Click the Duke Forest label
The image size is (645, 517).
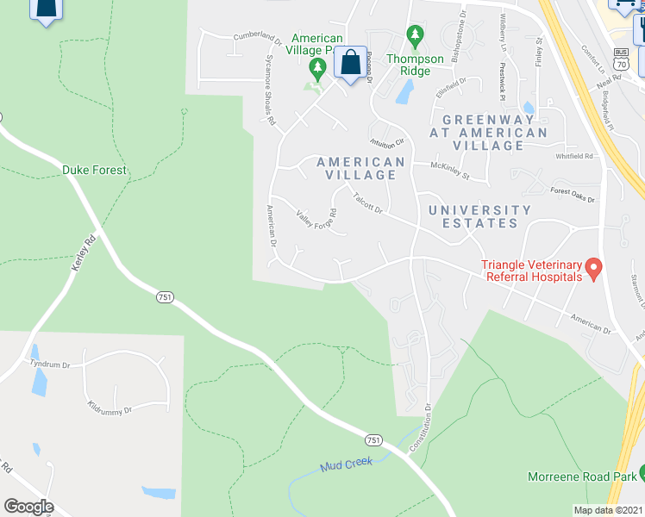coord(94,171)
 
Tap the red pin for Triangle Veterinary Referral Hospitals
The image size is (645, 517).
coord(592,268)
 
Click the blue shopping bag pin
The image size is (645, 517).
coord(350,63)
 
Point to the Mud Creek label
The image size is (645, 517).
coord(346,464)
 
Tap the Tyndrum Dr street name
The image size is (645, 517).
coord(49,364)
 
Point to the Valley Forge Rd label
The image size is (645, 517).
coord(315,219)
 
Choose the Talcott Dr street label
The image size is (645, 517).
coord(366,203)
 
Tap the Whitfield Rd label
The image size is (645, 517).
coord(574,156)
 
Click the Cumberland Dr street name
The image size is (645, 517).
coord(258,38)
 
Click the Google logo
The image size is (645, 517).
coord(28,507)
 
